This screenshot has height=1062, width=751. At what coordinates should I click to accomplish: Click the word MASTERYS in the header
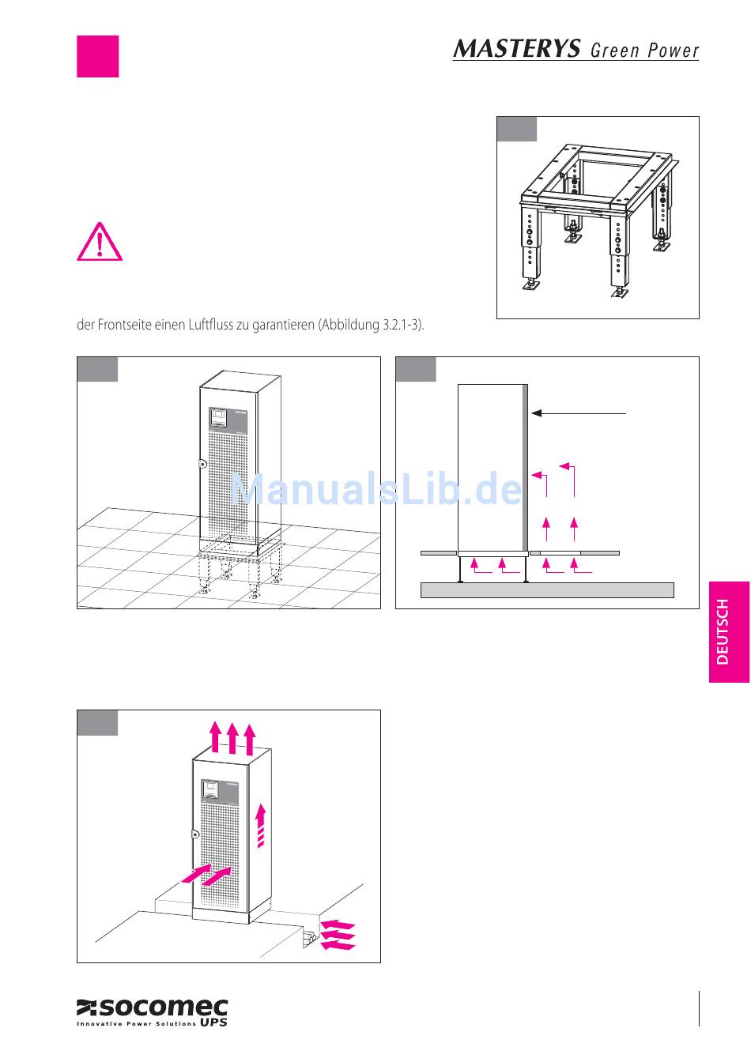(x=516, y=48)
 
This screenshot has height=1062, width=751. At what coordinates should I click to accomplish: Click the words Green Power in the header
(x=644, y=51)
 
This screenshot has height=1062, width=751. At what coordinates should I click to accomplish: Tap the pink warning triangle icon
(x=100, y=241)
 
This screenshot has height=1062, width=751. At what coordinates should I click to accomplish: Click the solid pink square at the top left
(x=98, y=56)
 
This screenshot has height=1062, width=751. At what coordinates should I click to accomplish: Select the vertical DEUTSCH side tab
(x=729, y=632)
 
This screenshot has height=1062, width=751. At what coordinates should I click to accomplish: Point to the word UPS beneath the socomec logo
(x=213, y=1022)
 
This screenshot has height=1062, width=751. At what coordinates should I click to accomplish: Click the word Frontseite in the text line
(x=124, y=326)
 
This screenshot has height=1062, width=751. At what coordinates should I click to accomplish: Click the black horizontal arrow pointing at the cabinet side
(x=579, y=413)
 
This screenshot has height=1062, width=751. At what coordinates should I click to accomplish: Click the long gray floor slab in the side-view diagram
(x=547, y=589)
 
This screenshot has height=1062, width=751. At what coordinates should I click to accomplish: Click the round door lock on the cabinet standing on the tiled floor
(x=202, y=464)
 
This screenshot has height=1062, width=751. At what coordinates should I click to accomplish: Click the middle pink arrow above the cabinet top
(x=232, y=737)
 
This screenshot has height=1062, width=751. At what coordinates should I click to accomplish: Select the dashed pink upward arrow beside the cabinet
(x=260, y=826)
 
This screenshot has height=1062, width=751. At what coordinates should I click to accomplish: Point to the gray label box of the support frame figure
(x=517, y=129)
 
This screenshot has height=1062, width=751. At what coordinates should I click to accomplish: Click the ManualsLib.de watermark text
(x=375, y=488)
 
